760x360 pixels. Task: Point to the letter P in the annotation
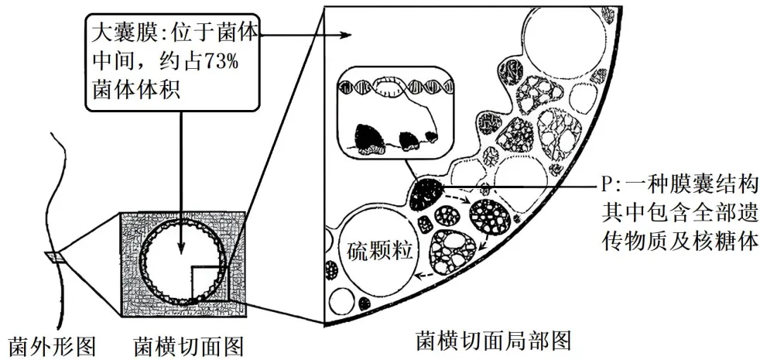[x=607, y=187]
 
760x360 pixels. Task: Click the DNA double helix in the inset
[x=395, y=88]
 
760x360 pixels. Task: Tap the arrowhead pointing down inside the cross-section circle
[x=182, y=249]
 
